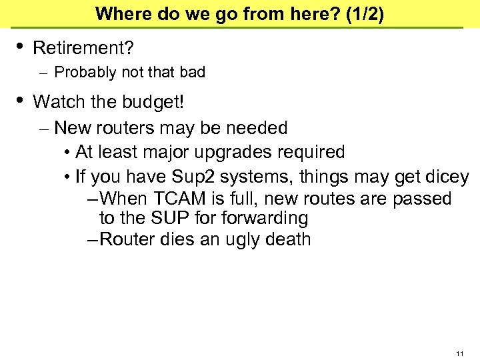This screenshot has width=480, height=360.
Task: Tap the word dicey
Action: coord(446,177)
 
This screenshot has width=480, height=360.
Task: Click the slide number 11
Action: coord(460,353)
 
